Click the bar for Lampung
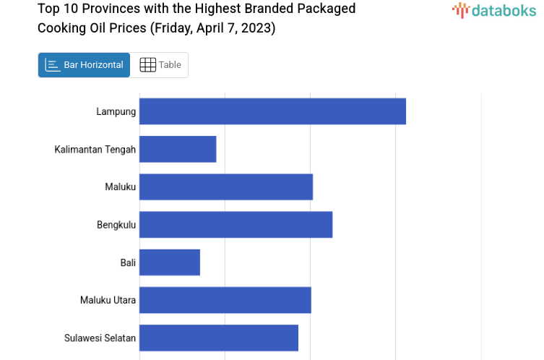pos(272,111)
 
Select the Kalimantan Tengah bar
pos(178,149)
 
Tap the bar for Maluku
pos(226,187)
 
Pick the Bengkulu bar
pos(236,224)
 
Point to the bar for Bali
pos(170,262)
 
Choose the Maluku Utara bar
pos(225,300)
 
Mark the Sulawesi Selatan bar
pos(219,338)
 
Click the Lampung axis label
pos(116,111)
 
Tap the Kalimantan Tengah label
pos(95,150)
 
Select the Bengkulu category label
pos(116,225)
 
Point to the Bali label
pos(128,262)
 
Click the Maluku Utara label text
pos(108,300)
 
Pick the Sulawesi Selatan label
pos(100,338)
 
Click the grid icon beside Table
pos(147,65)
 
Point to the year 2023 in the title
pos(258,28)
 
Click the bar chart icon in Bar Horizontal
pos(53,65)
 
